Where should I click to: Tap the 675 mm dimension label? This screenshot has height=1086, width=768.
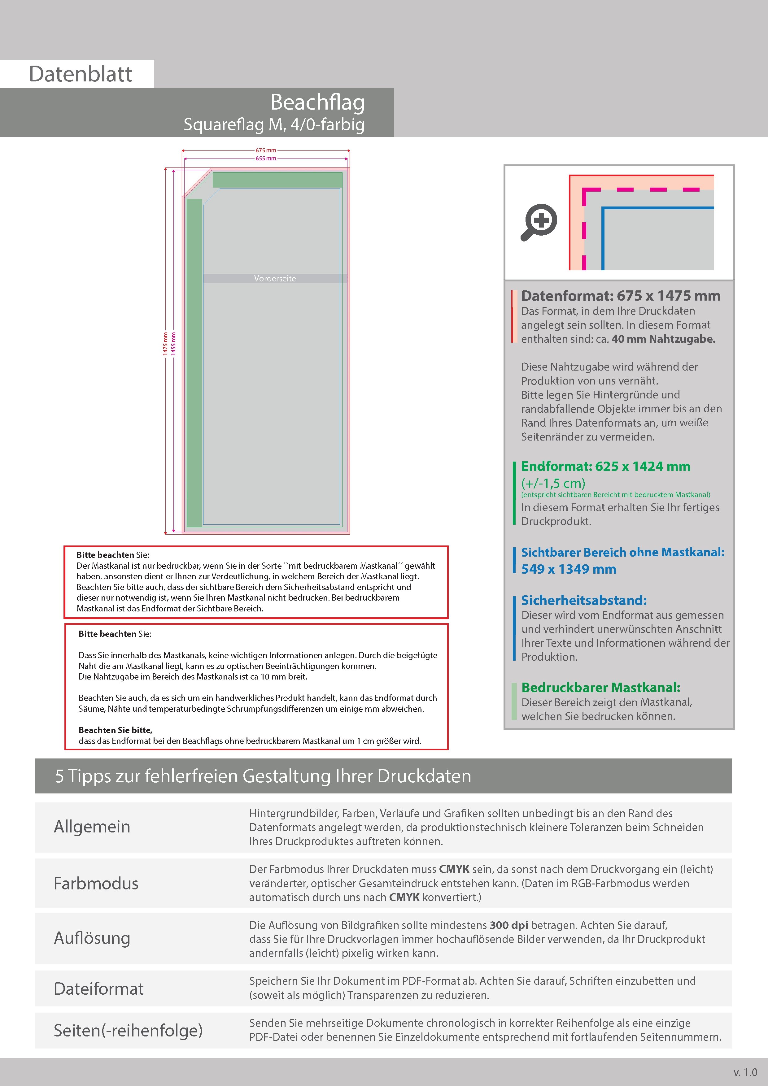pos(266,150)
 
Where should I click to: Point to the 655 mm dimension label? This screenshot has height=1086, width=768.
pos(266,159)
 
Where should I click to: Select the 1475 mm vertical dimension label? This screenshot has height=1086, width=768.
pos(165,343)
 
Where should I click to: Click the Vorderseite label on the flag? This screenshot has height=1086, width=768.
pos(275,279)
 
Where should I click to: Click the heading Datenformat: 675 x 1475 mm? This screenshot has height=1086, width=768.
pos(620,296)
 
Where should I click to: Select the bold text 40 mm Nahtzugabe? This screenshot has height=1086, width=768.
pos(663,339)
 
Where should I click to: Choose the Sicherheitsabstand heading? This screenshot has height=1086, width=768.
pos(583,600)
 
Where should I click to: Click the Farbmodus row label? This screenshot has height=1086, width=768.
pos(96,883)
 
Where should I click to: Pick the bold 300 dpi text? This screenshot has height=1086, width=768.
pos(509,925)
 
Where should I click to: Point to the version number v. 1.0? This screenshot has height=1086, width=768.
pos(745,1072)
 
